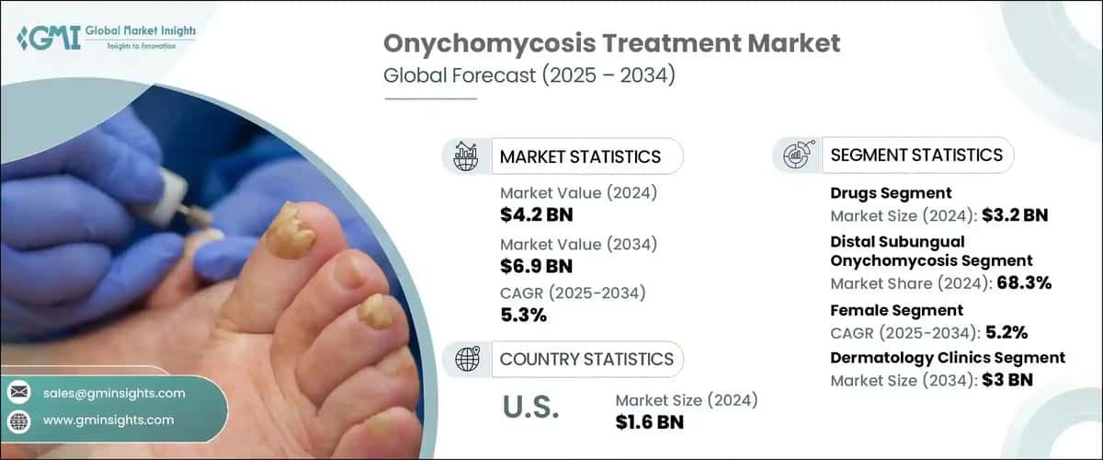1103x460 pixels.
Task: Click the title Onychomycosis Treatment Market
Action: point(610,43)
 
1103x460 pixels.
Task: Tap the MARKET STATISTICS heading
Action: point(579,156)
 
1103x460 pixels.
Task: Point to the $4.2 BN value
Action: point(537,216)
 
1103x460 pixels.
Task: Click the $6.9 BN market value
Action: point(537,267)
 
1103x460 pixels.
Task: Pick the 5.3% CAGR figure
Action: point(523,316)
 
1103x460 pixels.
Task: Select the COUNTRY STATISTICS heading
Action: point(586,359)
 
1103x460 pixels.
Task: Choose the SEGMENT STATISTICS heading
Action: point(916,155)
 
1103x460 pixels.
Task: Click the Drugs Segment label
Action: point(891,193)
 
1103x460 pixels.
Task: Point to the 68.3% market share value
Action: point(1024,283)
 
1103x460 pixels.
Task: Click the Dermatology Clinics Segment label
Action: point(948,358)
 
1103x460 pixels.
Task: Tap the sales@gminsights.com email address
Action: point(114,393)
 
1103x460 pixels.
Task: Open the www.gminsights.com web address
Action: point(108,420)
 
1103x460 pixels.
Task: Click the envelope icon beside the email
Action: point(18,393)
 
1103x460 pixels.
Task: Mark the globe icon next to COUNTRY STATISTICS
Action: point(467,359)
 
